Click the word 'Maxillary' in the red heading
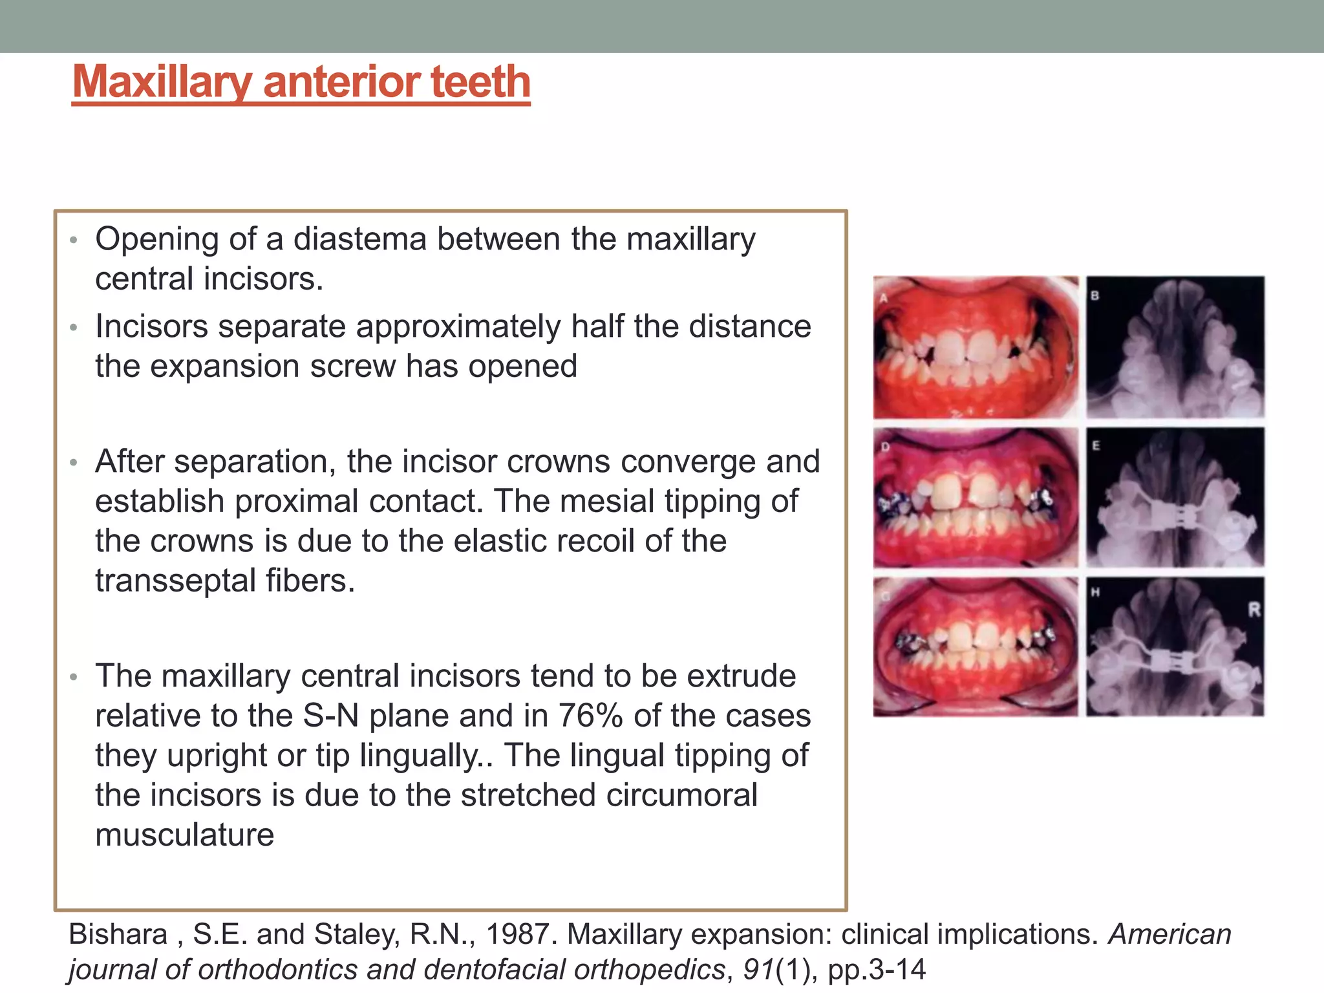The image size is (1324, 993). [162, 82]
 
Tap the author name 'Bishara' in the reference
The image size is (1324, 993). [118, 935]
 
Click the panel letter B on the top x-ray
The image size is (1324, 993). [1095, 295]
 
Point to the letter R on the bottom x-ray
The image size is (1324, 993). [1254, 610]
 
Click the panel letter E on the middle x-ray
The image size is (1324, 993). [1096, 445]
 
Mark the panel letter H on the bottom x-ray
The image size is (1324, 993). [1095, 592]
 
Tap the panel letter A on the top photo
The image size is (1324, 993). [884, 298]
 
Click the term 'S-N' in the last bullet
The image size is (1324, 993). [330, 716]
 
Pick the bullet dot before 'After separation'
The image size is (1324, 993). [74, 462]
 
